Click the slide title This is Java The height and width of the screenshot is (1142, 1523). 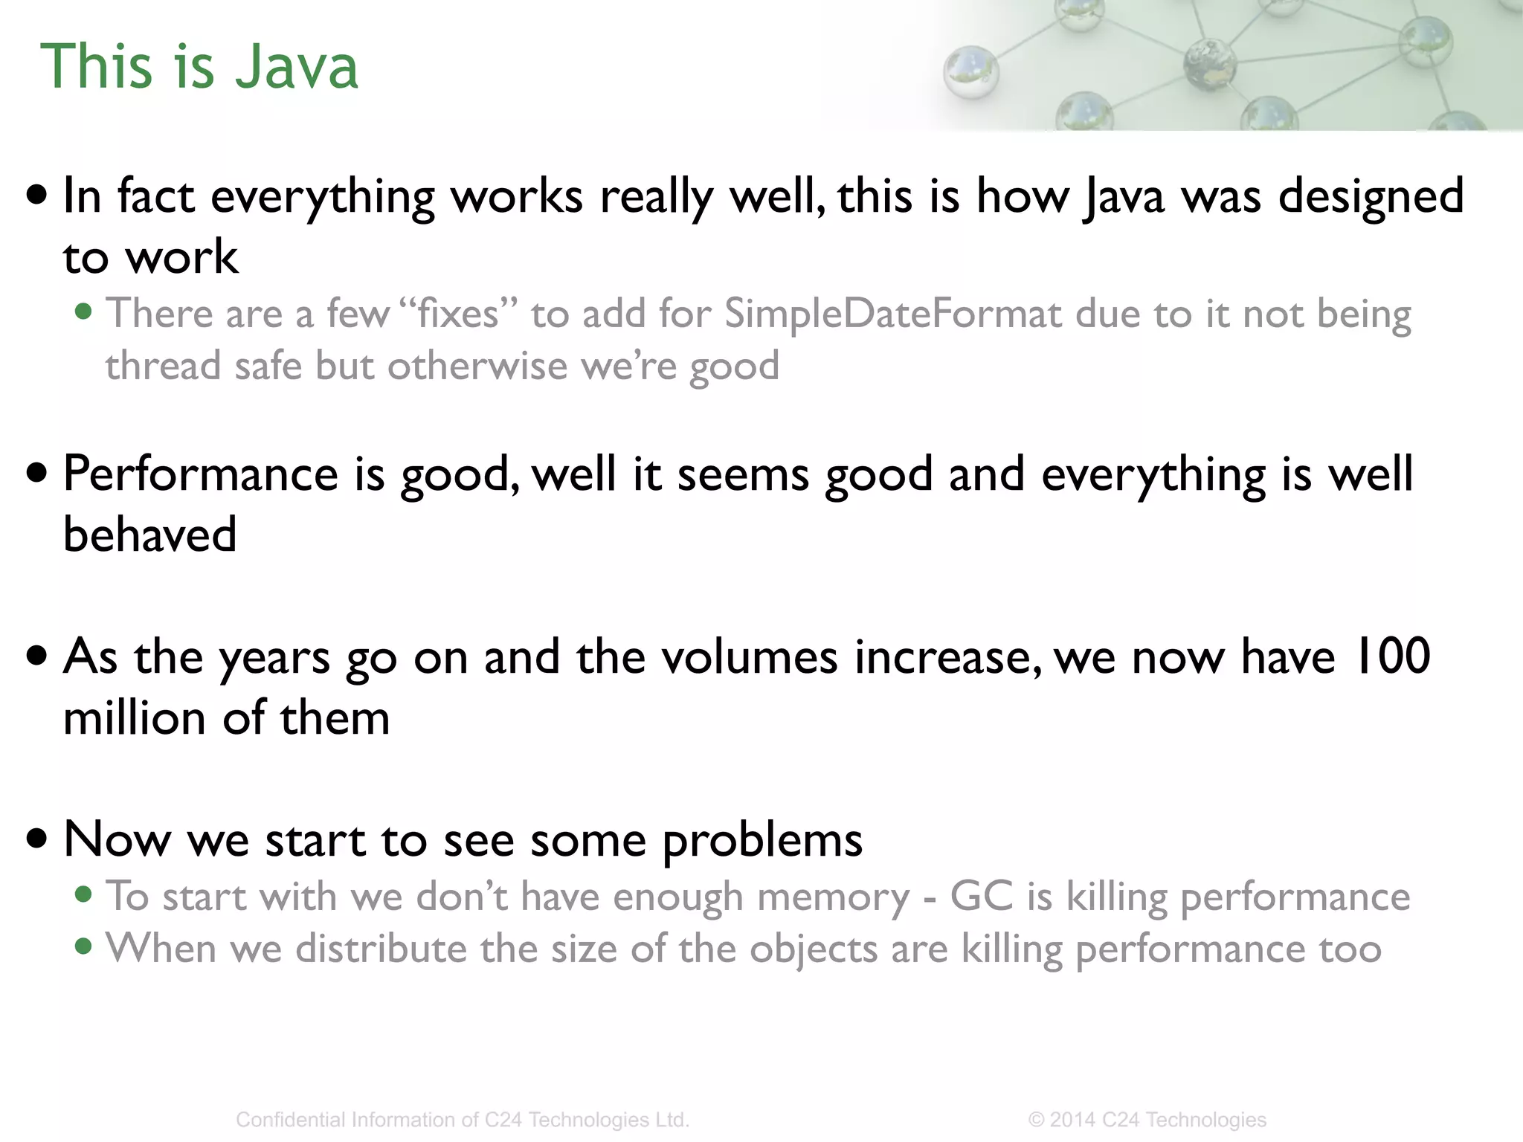click(199, 67)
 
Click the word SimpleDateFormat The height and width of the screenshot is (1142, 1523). click(892, 314)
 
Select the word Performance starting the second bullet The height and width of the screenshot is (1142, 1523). click(201, 474)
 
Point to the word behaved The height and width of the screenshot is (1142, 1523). click(149, 535)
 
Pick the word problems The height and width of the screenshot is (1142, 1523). click(761, 840)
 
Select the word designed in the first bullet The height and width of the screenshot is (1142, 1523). click(1371, 197)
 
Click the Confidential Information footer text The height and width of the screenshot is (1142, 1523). click(463, 1120)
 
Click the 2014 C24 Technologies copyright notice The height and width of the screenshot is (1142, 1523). click(1147, 1120)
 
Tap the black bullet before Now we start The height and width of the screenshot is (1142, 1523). click(36, 839)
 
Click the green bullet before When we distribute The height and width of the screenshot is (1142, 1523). click(84, 947)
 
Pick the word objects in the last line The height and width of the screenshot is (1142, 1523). click(814, 949)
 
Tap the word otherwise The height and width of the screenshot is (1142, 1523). click(477, 367)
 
